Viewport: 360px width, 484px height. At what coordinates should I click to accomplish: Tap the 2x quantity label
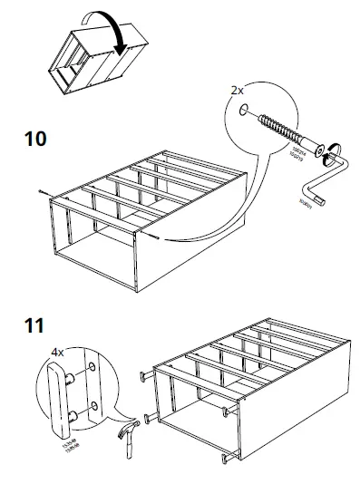click(238, 91)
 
